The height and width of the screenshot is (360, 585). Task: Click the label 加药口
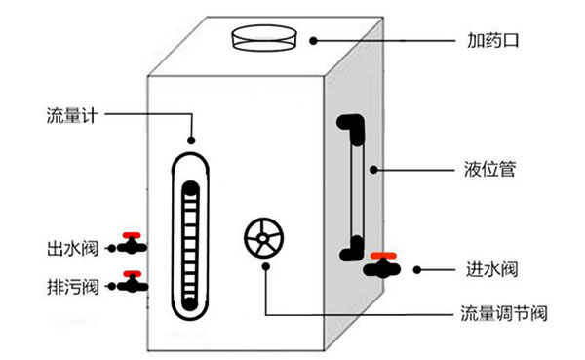tap(491, 42)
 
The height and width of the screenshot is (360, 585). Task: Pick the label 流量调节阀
tap(503, 314)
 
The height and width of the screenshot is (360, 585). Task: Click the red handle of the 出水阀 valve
tap(132, 235)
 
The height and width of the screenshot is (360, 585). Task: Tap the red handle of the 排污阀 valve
tap(132, 274)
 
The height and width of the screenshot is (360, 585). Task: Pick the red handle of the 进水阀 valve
tap(386, 254)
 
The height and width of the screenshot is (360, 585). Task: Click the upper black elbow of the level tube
tap(349, 127)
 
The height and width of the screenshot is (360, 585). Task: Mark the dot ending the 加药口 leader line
tap(314, 41)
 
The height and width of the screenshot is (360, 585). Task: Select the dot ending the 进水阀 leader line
tap(416, 269)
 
